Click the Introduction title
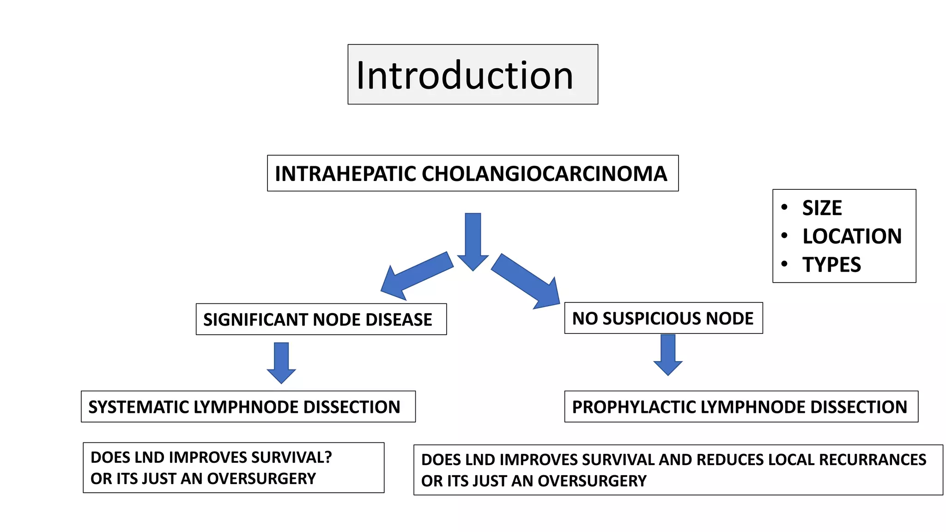(465, 75)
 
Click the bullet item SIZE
(822, 208)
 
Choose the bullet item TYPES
(831, 265)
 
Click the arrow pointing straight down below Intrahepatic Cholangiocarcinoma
(473, 240)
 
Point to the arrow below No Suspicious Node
(668, 354)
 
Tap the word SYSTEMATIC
(138, 407)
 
